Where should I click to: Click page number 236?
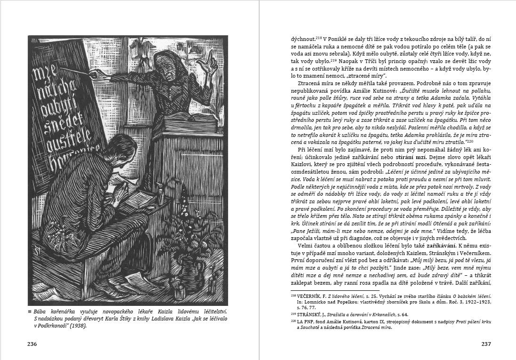pyautogui.click(x=32, y=344)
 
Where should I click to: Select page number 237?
pyautogui.click(x=486, y=344)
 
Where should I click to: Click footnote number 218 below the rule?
pyautogui.click(x=294, y=295)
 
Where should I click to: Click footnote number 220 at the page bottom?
pyautogui.click(x=294, y=321)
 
